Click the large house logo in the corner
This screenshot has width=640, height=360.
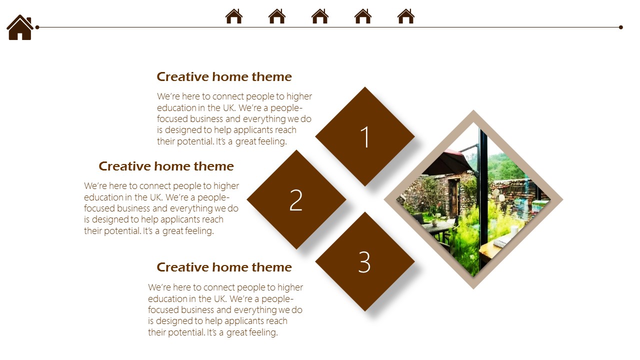[20, 27]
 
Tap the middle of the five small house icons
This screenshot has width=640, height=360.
[320, 16]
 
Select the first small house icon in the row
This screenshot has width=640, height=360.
[234, 16]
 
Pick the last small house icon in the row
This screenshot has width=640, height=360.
[406, 16]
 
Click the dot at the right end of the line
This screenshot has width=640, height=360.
[621, 27]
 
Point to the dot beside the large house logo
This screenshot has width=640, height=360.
[37, 27]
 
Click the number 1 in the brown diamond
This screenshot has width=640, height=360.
[365, 137]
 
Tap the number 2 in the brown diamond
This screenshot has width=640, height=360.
[296, 200]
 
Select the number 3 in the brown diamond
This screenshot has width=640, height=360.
[364, 262]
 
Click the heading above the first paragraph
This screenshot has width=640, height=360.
[224, 77]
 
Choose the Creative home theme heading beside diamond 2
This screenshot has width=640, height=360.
[166, 166]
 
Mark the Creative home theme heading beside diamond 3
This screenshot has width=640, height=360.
[224, 267]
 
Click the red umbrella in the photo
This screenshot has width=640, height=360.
[447, 162]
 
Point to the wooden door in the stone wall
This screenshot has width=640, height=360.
[454, 197]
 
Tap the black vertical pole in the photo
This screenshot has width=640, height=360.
[483, 200]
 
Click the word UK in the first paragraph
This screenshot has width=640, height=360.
[229, 107]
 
